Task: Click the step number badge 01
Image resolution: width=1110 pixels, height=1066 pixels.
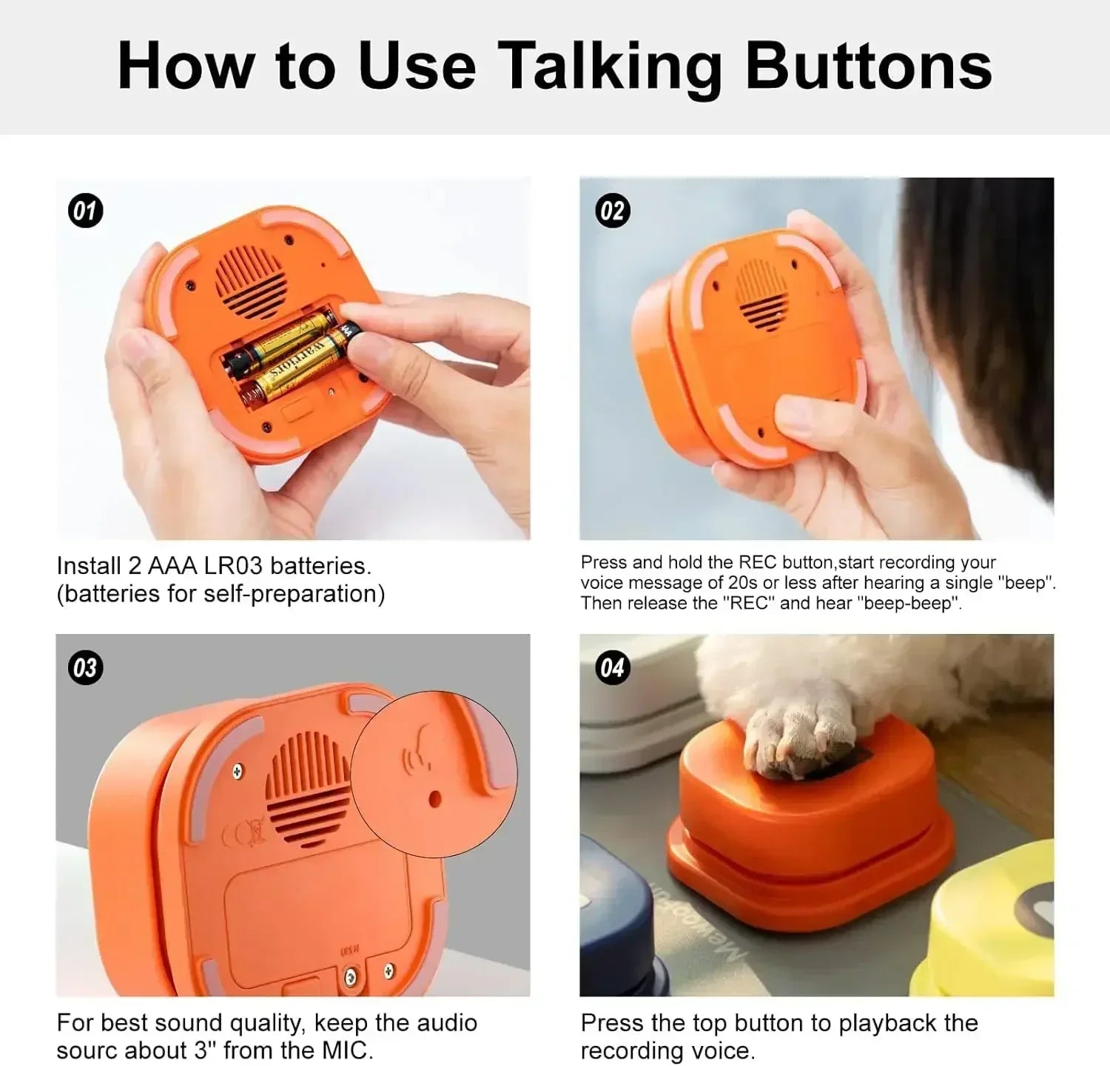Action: tap(86, 211)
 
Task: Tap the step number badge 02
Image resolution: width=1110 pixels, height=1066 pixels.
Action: tap(612, 211)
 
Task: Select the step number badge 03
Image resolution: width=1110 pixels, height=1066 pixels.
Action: tap(86, 668)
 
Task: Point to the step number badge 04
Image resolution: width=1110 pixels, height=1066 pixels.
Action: tap(612, 668)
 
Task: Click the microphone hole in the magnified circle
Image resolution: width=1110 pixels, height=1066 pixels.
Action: tap(434, 798)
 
